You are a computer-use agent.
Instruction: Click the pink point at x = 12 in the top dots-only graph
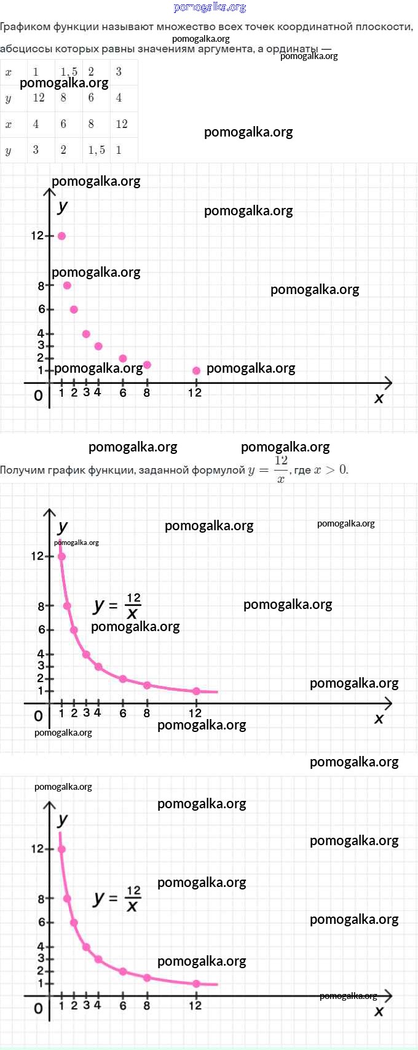pos(196,370)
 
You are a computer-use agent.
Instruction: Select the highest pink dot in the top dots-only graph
pos(61,236)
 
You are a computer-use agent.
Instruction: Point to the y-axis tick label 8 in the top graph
pos(41,285)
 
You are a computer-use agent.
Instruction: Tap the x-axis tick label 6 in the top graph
pos(123,393)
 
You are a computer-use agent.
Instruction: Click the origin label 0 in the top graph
pos(38,396)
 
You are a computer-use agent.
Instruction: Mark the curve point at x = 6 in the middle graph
pos(123,679)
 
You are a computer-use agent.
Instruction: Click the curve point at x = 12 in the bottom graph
pos(196,984)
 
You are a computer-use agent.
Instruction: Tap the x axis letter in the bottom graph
pos(379,1011)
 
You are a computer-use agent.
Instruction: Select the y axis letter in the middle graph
pos(63,527)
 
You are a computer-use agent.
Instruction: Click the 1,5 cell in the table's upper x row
pos(69,72)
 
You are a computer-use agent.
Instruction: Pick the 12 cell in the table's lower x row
pos(122,124)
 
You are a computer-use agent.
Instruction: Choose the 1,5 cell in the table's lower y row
pos(97,150)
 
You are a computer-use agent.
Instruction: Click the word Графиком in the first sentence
pos(25,27)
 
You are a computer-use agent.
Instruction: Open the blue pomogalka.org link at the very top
pos(210,7)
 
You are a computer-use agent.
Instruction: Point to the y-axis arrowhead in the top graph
pos(50,192)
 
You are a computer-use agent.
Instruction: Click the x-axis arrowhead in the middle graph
pos(387,703)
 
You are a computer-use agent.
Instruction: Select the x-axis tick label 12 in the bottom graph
pos(195,1005)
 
